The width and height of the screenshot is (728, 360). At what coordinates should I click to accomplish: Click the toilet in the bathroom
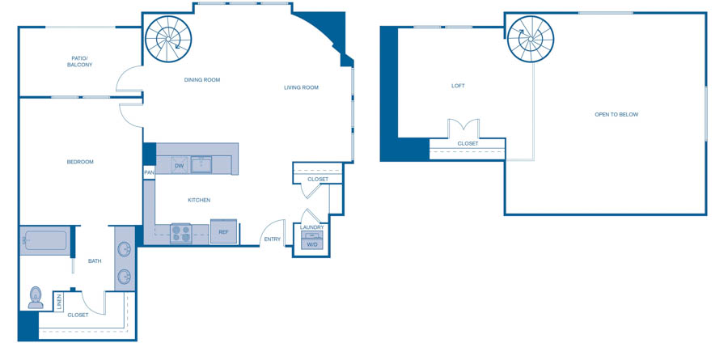coord(36,298)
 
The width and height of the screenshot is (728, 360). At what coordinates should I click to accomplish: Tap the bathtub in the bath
coord(45,240)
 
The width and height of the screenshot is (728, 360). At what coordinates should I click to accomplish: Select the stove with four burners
coord(181,233)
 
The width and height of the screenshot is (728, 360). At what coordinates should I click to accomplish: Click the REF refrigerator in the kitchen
coord(224,231)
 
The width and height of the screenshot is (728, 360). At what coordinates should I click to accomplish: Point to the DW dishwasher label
coord(180,165)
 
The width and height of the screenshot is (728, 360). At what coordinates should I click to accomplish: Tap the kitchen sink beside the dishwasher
coord(201,164)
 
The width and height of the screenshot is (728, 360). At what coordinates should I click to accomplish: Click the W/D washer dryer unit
coord(312,239)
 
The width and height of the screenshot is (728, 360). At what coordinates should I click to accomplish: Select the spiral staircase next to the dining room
coord(168,39)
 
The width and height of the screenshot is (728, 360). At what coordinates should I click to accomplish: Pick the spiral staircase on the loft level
coord(530,39)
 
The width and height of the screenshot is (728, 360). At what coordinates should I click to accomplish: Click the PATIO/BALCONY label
coord(80,61)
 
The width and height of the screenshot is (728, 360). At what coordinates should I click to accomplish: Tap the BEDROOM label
coord(80,162)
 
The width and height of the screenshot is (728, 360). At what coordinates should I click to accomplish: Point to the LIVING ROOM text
coord(302,87)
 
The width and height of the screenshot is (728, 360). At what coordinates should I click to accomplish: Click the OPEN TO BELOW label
coord(616,114)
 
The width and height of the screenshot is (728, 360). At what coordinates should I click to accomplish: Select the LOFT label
coord(458,86)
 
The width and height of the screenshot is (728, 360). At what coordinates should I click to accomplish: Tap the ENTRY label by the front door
coord(273,239)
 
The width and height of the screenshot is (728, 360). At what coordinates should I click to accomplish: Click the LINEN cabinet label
coord(59,302)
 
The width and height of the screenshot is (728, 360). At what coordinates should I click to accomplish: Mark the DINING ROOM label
coord(202,80)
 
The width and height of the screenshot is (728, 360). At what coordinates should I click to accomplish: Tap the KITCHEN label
coord(199,200)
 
